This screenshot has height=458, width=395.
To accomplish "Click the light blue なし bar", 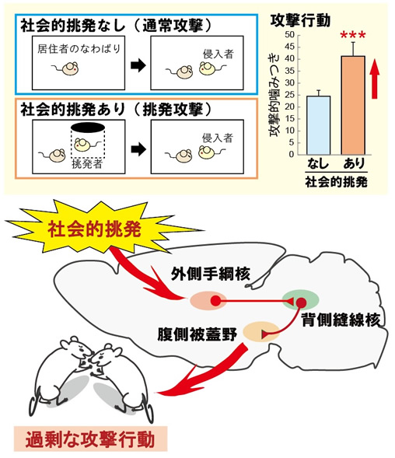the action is click(319, 125).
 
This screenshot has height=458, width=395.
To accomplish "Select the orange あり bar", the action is click(353, 105).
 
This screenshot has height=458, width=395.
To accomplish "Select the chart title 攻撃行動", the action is click(300, 21).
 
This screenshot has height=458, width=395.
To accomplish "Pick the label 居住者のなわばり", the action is click(79, 49).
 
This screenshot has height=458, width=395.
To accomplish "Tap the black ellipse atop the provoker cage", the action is click(88, 128).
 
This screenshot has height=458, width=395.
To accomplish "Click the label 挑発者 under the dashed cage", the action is click(87, 164).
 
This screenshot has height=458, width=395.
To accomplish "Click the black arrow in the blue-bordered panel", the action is click(138, 66).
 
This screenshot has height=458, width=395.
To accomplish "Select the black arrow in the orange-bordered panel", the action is click(138, 150).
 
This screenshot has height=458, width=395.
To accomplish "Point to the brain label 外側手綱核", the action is click(211, 274).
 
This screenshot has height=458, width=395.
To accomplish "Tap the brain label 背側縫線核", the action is click(341, 320).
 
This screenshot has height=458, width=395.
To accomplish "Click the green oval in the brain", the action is click(300, 299).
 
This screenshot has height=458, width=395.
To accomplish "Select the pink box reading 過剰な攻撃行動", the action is click(90, 439).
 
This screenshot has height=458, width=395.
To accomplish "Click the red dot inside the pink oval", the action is click(215, 301).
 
